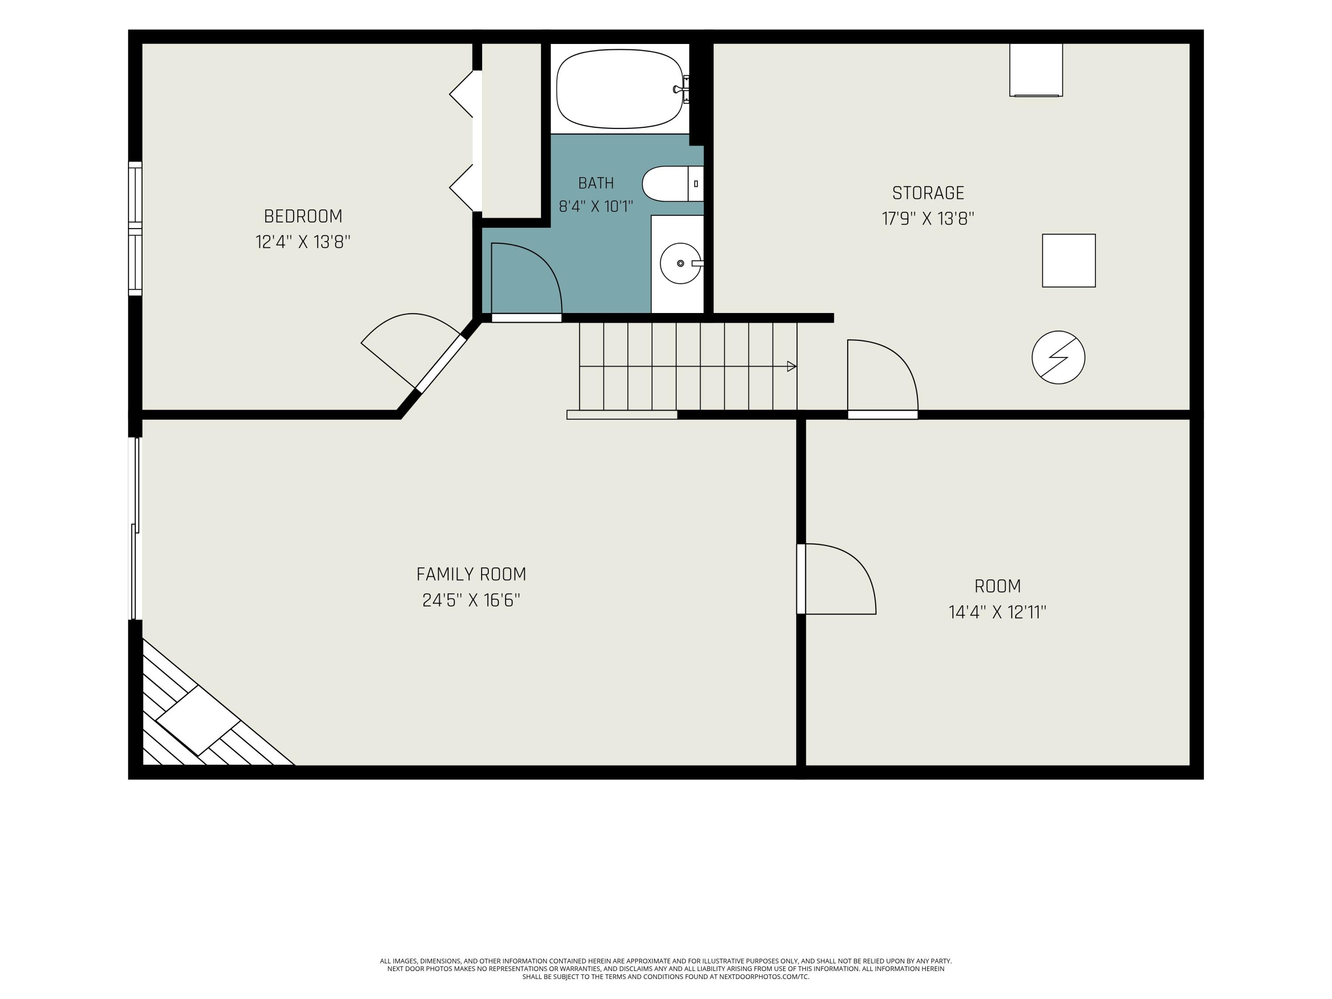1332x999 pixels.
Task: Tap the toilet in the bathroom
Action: coord(673,184)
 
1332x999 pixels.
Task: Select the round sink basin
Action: coord(681,263)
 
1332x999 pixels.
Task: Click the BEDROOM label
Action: coord(303,216)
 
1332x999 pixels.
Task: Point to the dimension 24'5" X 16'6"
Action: coord(471,600)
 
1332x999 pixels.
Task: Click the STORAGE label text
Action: coord(928,193)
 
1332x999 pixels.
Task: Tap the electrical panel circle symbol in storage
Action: coord(1058,358)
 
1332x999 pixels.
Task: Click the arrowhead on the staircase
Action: coord(792,366)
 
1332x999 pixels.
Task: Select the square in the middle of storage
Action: coord(1069,261)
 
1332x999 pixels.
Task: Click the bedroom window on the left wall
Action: coord(135,229)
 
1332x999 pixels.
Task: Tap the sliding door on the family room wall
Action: coord(136,528)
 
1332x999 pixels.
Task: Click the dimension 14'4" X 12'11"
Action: coord(997,612)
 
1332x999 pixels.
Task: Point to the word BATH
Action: coord(596,183)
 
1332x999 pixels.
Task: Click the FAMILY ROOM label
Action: coord(471,575)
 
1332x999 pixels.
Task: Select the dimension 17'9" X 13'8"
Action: coord(928,218)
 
